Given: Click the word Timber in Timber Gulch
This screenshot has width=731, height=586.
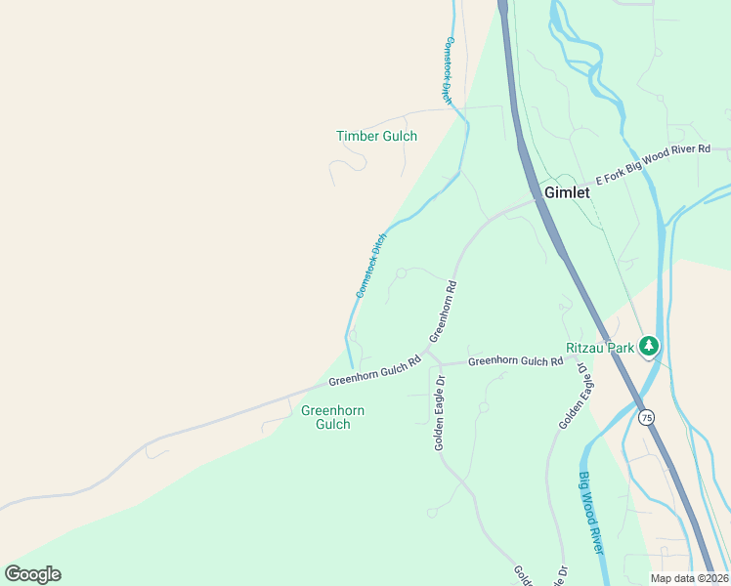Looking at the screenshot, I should click(x=358, y=137).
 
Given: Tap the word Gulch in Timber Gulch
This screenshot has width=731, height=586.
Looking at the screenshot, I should click(x=399, y=137).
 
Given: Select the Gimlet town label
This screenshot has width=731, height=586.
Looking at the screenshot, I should click(x=567, y=192).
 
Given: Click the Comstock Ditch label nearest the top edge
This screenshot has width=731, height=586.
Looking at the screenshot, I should click(x=448, y=70).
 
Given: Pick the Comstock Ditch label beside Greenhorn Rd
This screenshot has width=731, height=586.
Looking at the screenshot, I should click(x=371, y=266).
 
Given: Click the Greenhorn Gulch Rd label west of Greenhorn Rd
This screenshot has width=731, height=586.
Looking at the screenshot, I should click(x=374, y=371).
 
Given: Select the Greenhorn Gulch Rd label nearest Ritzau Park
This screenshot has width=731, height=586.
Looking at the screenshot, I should click(x=515, y=361).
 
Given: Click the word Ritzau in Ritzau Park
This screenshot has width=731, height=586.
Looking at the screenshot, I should click(x=586, y=348).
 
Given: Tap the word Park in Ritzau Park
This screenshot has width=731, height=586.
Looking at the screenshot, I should click(x=622, y=348).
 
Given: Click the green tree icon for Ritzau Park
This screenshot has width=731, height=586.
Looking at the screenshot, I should click(x=648, y=346).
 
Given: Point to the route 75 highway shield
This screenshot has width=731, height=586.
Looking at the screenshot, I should click(x=646, y=417).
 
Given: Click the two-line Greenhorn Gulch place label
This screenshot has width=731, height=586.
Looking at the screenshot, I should click(x=332, y=417).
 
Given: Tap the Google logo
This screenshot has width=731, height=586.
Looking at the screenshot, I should click(x=32, y=574).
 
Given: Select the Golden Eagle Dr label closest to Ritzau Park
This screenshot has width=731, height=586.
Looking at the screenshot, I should click(x=574, y=398).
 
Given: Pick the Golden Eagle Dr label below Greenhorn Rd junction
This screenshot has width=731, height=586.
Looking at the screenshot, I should click(x=440, y=413).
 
